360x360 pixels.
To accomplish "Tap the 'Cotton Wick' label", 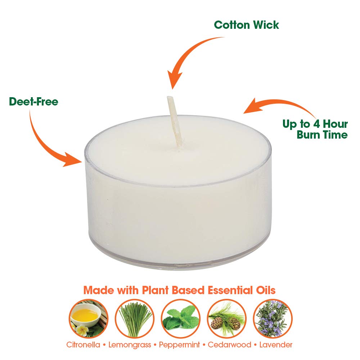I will (x=247, y=25).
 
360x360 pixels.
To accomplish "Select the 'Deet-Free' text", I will (x=33, y=102).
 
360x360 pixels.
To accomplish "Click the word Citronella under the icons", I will (x=83, y=345).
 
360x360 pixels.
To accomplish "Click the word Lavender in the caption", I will (x=276, y=345).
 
